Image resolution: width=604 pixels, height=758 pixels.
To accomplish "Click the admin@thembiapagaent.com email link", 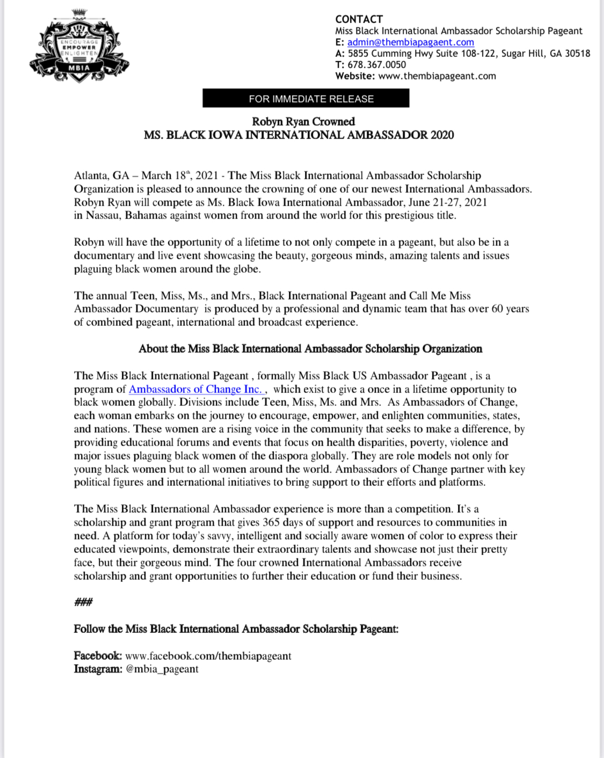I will (410, 42).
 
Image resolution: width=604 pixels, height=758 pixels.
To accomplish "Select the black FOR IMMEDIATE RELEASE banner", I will (305, 99).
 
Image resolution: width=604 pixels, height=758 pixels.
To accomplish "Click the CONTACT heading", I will (359, 19).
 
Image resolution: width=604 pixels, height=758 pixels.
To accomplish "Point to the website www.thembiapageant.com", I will (437, 76).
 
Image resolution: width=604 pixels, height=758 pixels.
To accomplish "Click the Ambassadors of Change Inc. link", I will (195, 389).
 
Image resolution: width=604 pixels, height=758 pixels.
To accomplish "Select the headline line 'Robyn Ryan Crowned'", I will (303, 122).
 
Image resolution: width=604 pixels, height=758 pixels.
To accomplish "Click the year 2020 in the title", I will (442, 135).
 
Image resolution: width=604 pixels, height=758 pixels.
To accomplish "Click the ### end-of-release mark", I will (83, 602).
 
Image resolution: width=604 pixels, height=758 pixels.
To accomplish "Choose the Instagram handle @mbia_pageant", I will (162, 669).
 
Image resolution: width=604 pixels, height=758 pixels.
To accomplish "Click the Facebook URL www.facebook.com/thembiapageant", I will (208, 656).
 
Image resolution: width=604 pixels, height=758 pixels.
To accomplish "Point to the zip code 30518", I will (577, 54).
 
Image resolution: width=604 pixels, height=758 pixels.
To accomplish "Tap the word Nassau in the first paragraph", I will (103, 216).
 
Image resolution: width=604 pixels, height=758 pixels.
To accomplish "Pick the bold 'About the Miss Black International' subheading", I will (310, 349).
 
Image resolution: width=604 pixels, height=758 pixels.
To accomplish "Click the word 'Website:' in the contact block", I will (355, 76).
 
